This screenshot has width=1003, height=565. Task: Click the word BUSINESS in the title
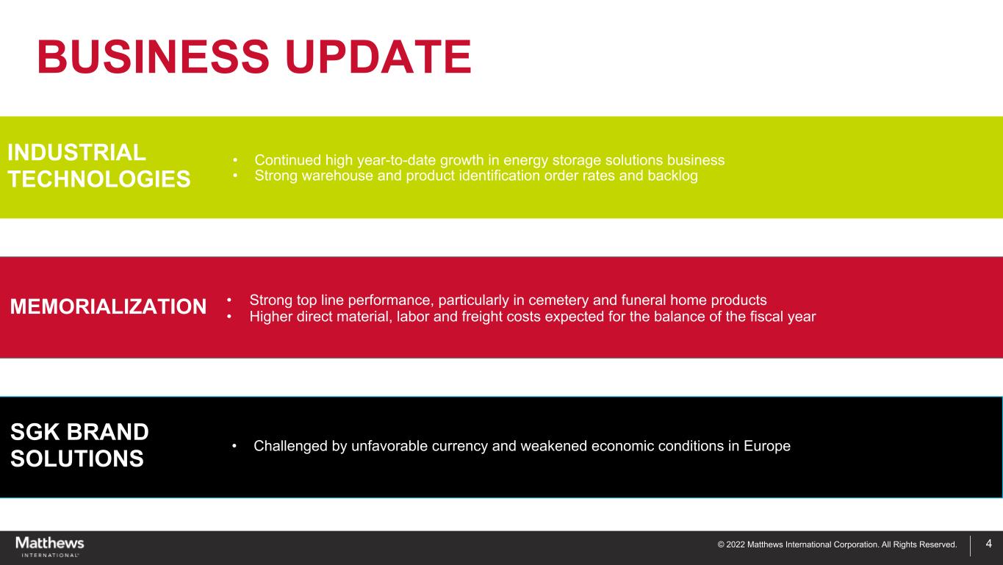click(x=154, y=57)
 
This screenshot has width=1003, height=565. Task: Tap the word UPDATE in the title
click(x=378, y=57)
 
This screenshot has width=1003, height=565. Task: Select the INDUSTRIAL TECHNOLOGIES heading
click(x=99, y=165)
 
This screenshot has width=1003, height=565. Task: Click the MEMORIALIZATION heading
click(x=108, y=306)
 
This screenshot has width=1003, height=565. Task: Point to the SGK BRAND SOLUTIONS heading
click(x=79, y=445)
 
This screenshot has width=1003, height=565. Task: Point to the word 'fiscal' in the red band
click(x=761, y=317)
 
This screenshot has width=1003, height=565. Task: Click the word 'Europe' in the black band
click(x=767, y=446)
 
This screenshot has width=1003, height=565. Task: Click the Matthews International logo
click(x=50, y=547)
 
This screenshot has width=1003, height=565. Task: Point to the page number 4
click(x=989, y=544)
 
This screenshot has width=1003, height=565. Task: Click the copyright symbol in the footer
click(x=721, y=545)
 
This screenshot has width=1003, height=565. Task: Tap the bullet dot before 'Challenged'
click(x=234, y=446)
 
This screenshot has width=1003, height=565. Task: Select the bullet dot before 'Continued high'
click(x=235, y=160)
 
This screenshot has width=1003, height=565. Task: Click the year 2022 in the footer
click(x=736, y=544)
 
